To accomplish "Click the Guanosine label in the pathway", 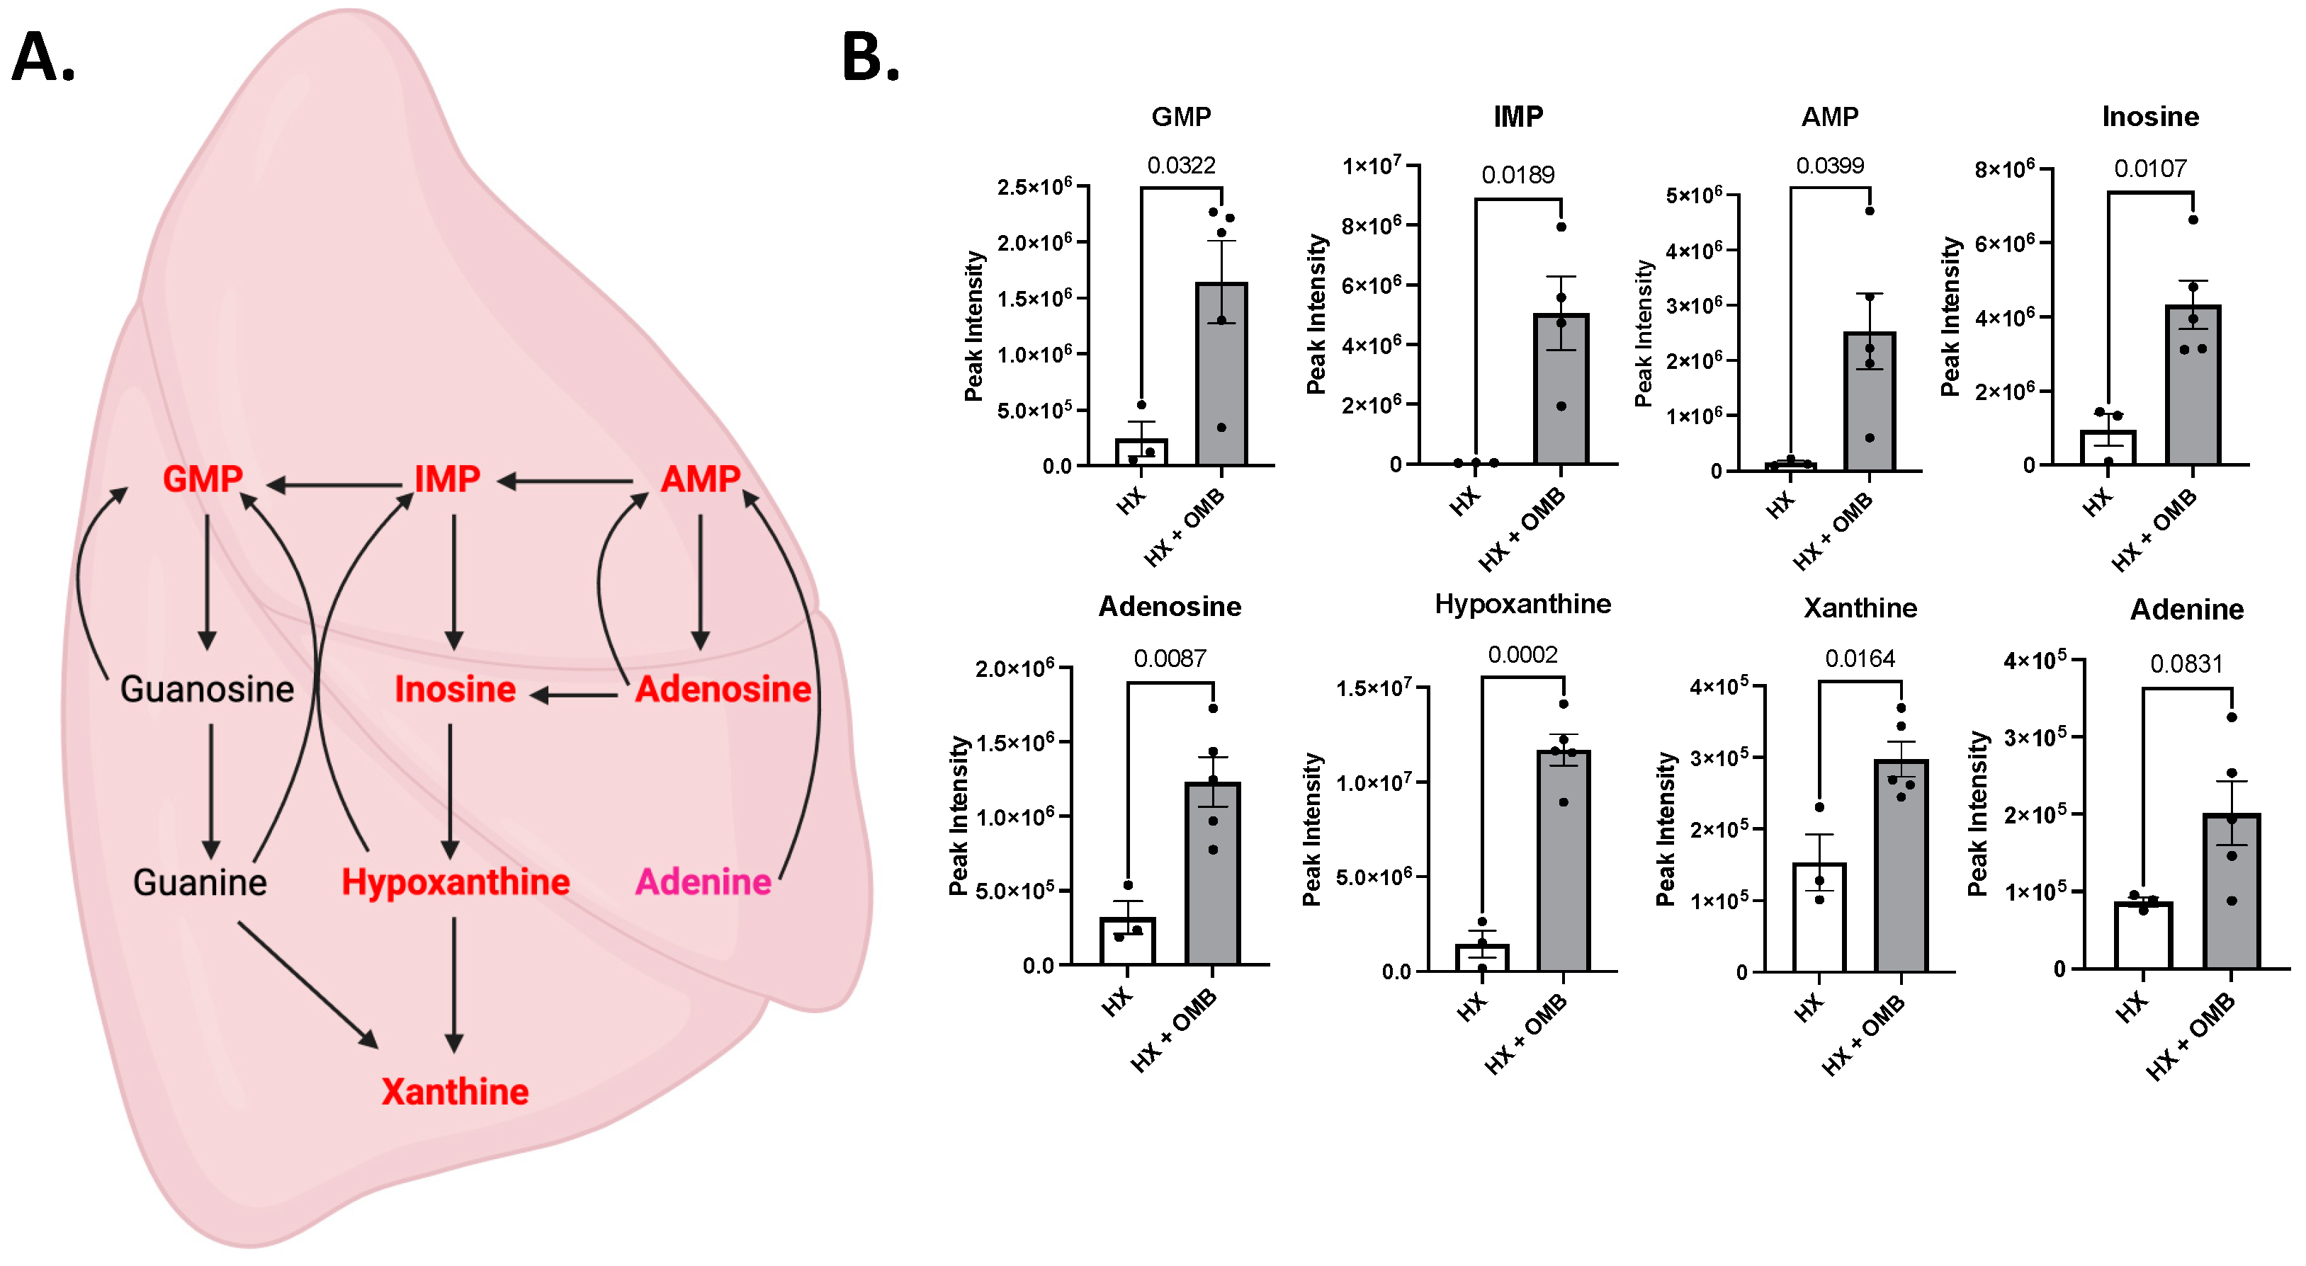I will (x=207, y=689).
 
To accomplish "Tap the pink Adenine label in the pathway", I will (x=703, y=882).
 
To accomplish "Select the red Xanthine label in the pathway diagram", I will (x=455, y=1092).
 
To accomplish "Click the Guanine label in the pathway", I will (x=200, y=882).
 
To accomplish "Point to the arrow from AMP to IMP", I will (x=566, y=481).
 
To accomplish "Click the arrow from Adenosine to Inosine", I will (x=575, y=695).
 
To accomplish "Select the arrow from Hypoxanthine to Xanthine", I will (x=454, y=984).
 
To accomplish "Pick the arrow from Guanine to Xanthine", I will (x=307, y=984).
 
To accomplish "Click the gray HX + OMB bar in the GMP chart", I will (x=1221, y=376).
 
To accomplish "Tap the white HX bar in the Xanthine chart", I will (x=1819, y=917).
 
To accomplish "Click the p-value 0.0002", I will (x=1522, y=655).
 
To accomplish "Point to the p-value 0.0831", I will (x=2186, y=664).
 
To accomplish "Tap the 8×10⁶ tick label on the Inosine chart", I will (x=2004, y=169).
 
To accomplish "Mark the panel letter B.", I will (x=870, y=57).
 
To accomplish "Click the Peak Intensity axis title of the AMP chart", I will (x=1643, y=333).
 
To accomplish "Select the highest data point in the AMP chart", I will (x=1869, y=211).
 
